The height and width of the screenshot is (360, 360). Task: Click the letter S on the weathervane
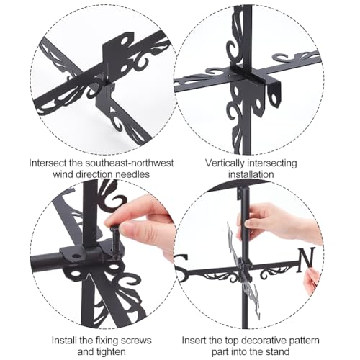point(181,261)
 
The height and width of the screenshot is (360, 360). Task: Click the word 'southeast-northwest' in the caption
point(130,163)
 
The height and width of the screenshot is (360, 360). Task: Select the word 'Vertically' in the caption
point(224,163)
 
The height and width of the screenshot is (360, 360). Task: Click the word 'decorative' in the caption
point(262,341)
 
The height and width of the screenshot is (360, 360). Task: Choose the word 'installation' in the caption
point(251,174)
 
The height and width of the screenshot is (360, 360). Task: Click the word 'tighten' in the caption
point(111,352)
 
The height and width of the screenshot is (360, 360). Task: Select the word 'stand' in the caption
point(278,352)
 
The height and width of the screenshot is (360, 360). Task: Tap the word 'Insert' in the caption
point(194,341)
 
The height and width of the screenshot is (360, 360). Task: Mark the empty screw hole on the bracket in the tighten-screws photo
point(76,256)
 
